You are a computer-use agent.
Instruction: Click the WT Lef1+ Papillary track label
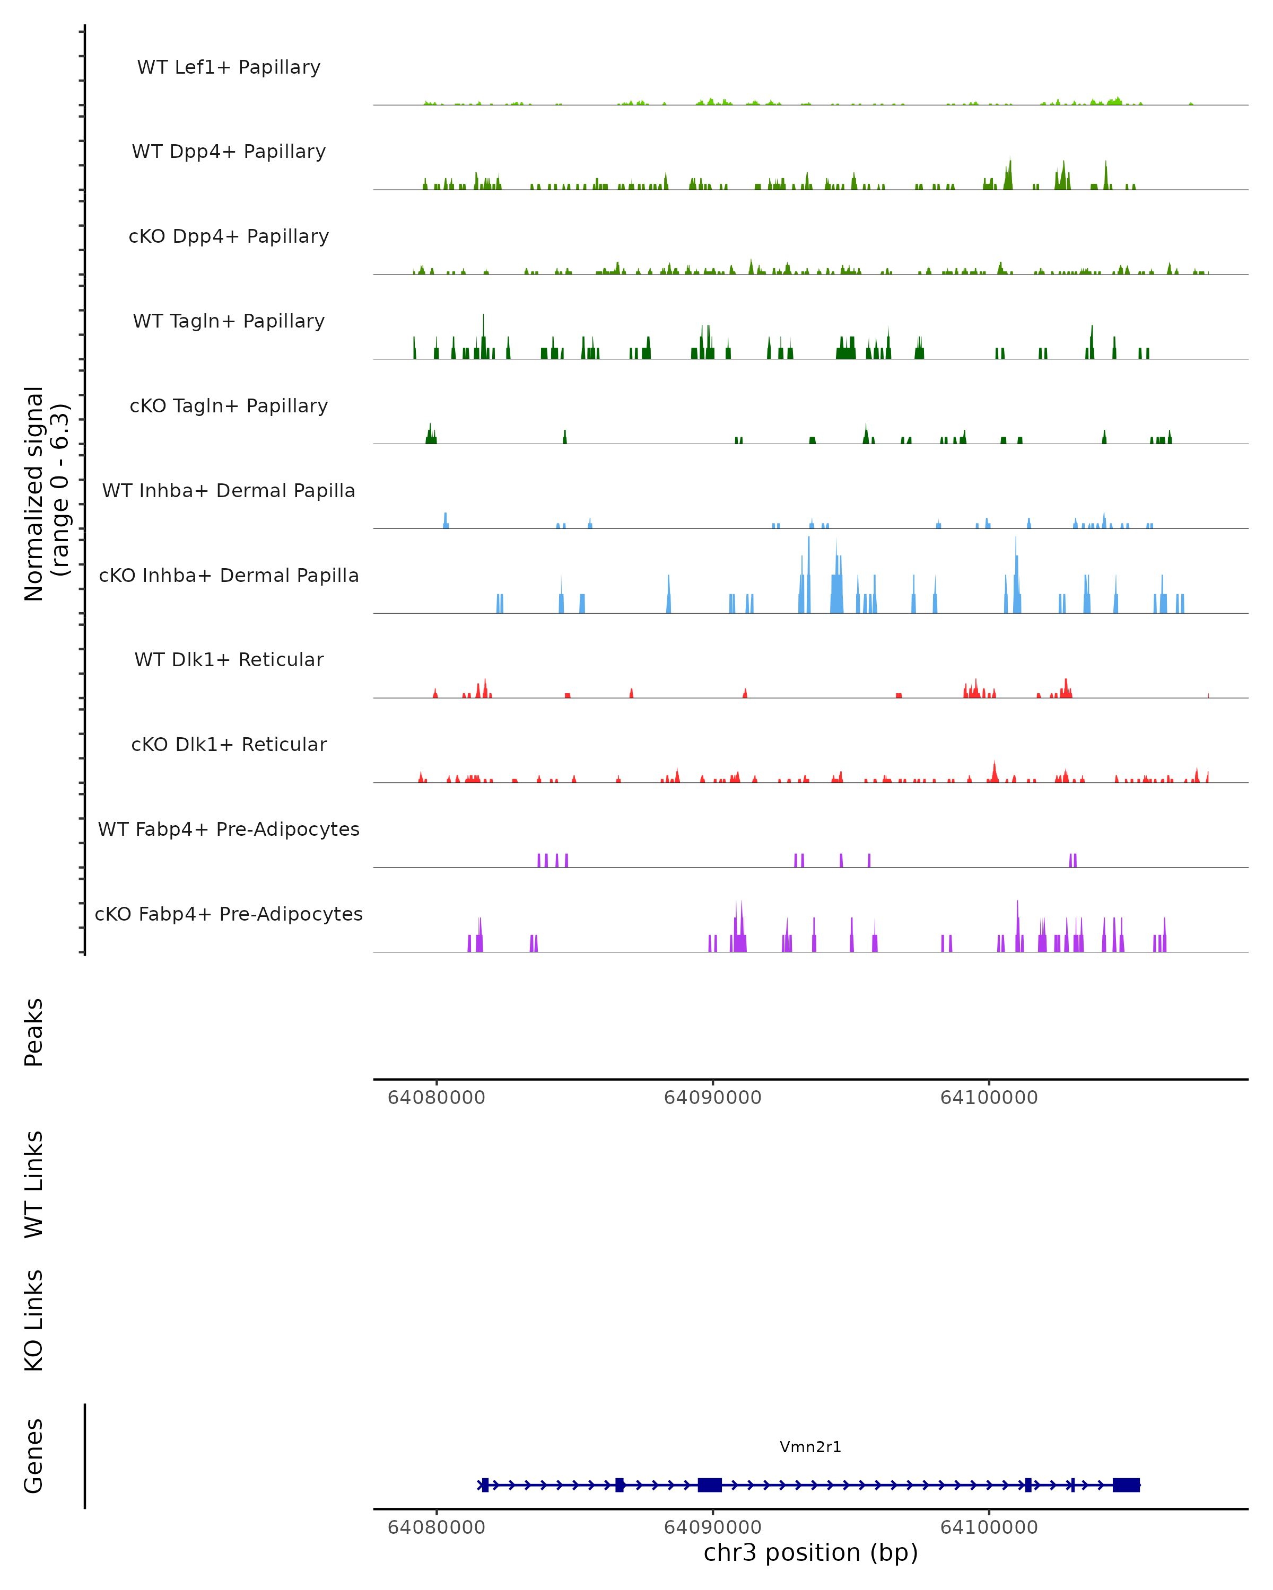[229, 67]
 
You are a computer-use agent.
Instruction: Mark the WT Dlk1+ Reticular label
[229, 659]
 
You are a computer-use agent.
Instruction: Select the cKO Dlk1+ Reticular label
[229, 744]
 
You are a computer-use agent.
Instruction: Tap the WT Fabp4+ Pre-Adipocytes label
[229, 829]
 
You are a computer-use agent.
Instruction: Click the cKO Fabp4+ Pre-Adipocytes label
[229, 914]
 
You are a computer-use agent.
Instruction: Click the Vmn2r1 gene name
[810, 1447]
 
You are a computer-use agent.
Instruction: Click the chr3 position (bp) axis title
[810, 1552]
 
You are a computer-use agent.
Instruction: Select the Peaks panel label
[34, 1032]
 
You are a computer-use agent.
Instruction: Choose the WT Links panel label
[34, 1183]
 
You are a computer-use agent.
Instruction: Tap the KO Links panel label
[34, 1320]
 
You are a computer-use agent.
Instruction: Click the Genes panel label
[34, 1456]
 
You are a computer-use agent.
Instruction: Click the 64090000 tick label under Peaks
[712, 1098]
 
